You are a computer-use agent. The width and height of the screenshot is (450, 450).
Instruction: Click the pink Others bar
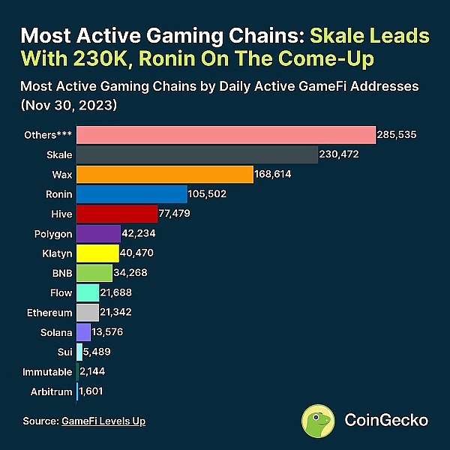click(225, 135)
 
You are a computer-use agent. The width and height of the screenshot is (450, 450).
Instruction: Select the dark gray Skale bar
click(197, 154)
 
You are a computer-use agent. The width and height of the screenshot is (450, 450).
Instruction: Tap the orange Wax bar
click(165, 174)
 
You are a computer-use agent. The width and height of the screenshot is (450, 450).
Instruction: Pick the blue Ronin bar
click(132, 194)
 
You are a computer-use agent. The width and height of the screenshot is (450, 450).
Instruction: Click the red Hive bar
click(117, 214)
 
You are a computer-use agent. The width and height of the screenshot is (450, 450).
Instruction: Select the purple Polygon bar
click(98, 233)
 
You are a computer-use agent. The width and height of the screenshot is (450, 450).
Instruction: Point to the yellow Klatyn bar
click(97, 253)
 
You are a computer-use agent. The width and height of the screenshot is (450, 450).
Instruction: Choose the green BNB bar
click(94, 273)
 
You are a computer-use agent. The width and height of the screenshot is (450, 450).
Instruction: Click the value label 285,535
click(397, 135)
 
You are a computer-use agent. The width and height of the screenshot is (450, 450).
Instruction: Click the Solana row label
click(56, 332)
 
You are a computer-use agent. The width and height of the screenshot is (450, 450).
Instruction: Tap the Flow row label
click(61, 292)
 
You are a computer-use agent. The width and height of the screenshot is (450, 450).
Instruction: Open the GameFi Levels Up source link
click(103, 421)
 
